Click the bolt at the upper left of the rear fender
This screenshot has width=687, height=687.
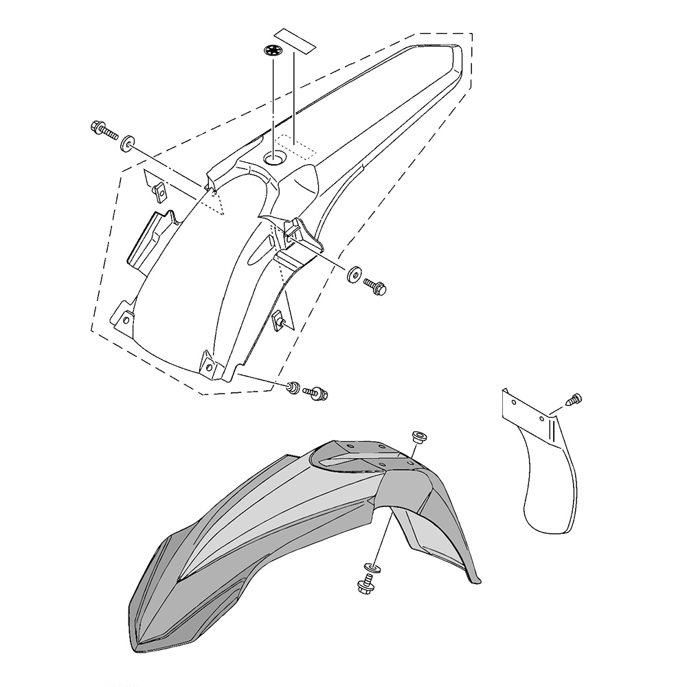tap(102, 129)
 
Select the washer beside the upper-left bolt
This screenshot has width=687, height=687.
tap(126, 145)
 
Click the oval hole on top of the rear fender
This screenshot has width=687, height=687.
tap(278, 159)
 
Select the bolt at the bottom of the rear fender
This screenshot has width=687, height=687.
tap(317, 394)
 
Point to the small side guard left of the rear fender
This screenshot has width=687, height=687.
tap(151, 240)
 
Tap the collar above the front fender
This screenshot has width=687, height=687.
tap(418, 437)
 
